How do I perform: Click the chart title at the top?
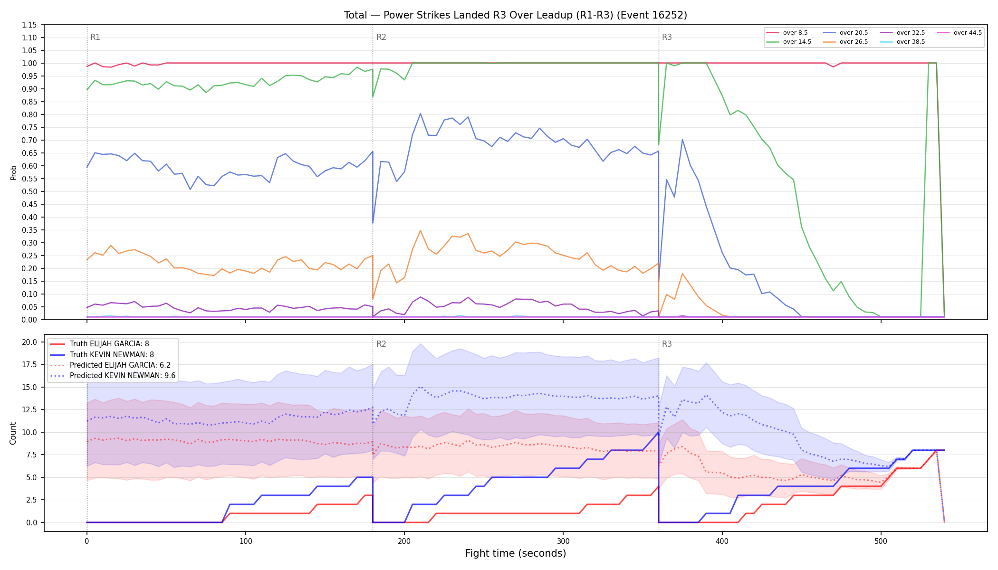click(516, 15)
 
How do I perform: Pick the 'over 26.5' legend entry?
click(845, 42)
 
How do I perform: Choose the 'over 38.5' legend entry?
click(902, 42)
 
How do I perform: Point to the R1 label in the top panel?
click(95, 37)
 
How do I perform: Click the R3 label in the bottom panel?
click(667, 344)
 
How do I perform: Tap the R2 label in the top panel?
click(381, 37)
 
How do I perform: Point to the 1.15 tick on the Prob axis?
click(29, 25)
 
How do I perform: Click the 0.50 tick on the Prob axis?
click(29, 191)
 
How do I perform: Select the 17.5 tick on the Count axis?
click(29, 365)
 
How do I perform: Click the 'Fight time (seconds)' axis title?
click(516, 553)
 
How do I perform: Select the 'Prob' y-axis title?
click(13, 172)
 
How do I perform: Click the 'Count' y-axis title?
click(13, 433)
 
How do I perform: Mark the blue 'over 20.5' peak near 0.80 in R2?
click(420, 114)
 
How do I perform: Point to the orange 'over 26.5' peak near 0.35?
click(420, 230)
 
